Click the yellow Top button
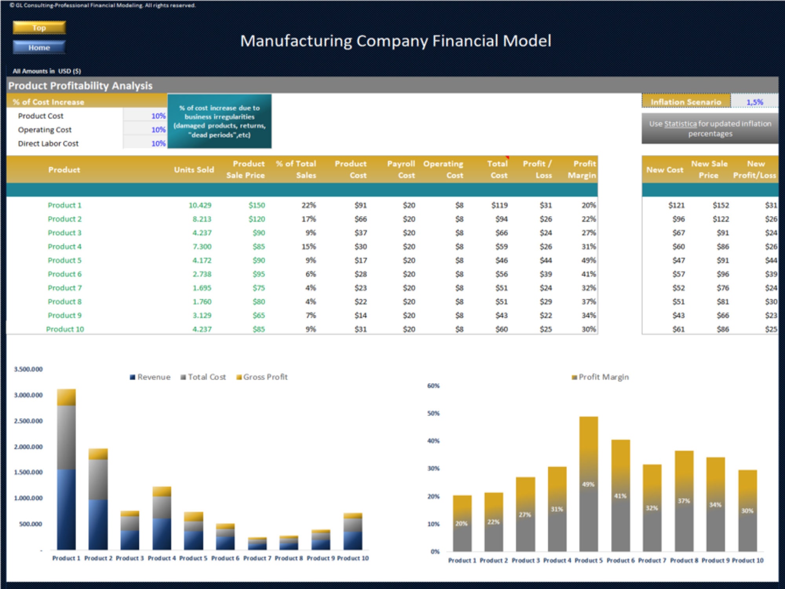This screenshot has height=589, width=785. (39, 28)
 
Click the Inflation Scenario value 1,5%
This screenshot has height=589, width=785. (754, 102)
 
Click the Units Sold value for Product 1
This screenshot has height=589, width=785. (200, 205)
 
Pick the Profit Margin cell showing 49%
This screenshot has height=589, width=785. (588, 260)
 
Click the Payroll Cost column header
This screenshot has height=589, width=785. (401, 169)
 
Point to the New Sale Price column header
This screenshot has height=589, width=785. (709, 169)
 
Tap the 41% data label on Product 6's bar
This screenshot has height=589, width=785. (620, 496)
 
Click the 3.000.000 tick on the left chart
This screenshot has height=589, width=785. (28, 395)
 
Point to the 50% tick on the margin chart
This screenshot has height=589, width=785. (433, 413)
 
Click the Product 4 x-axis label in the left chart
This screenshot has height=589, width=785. (162, 558)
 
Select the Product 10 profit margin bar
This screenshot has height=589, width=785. (747, 510)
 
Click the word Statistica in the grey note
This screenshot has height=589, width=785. (681, 124)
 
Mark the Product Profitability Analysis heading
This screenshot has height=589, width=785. (80, 86)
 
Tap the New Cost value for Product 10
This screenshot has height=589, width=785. (678, 329)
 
